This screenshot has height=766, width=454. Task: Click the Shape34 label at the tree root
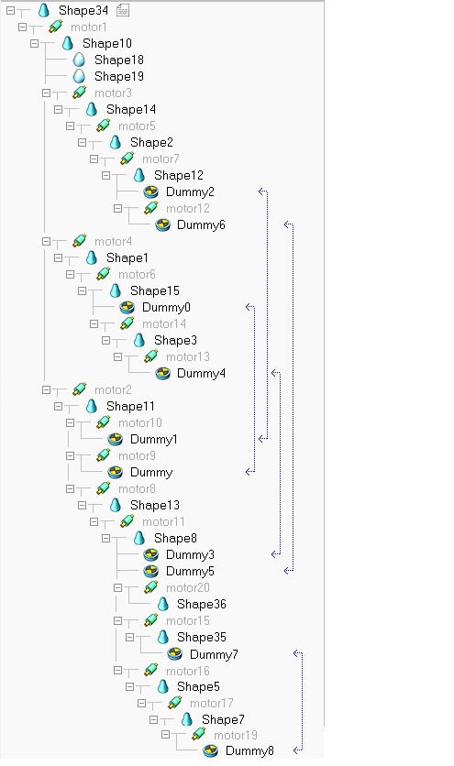click(x=83, y=10)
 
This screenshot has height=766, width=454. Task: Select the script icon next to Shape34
click(x=123, y=10)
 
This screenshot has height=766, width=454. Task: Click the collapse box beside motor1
click(x=22, y=27)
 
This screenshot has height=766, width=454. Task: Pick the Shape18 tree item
click(x=119, y=60)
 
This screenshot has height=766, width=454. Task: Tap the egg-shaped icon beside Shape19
click(x=79, y=76)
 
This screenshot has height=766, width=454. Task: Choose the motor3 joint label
click(x=113, y=93)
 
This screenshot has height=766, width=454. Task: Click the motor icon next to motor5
click(x=104, y=126)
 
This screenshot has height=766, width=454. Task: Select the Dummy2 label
click(x=190, y=192)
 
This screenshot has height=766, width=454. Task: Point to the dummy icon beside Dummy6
click(x=163, y=224)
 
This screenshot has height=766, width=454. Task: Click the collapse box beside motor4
click(x=46, y=241)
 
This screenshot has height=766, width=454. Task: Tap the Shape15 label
click(x=155, y=291)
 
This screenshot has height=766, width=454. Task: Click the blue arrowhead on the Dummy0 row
click(x=249, y=307)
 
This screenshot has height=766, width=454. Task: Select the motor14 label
click(x=164, y=323)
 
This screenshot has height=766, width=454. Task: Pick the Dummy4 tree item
click(x=201, y=373)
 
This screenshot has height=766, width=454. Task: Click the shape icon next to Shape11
click(x=92, y=406)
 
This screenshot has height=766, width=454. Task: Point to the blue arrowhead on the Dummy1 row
click(x=262, y=439)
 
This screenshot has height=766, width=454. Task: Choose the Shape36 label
click(x=202, y=605)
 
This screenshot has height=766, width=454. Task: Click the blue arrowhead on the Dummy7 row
click(x=297, y=653)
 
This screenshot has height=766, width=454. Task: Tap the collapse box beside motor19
click(x=165, y=734)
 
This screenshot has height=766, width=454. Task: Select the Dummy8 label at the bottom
click(x=249, y=750)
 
